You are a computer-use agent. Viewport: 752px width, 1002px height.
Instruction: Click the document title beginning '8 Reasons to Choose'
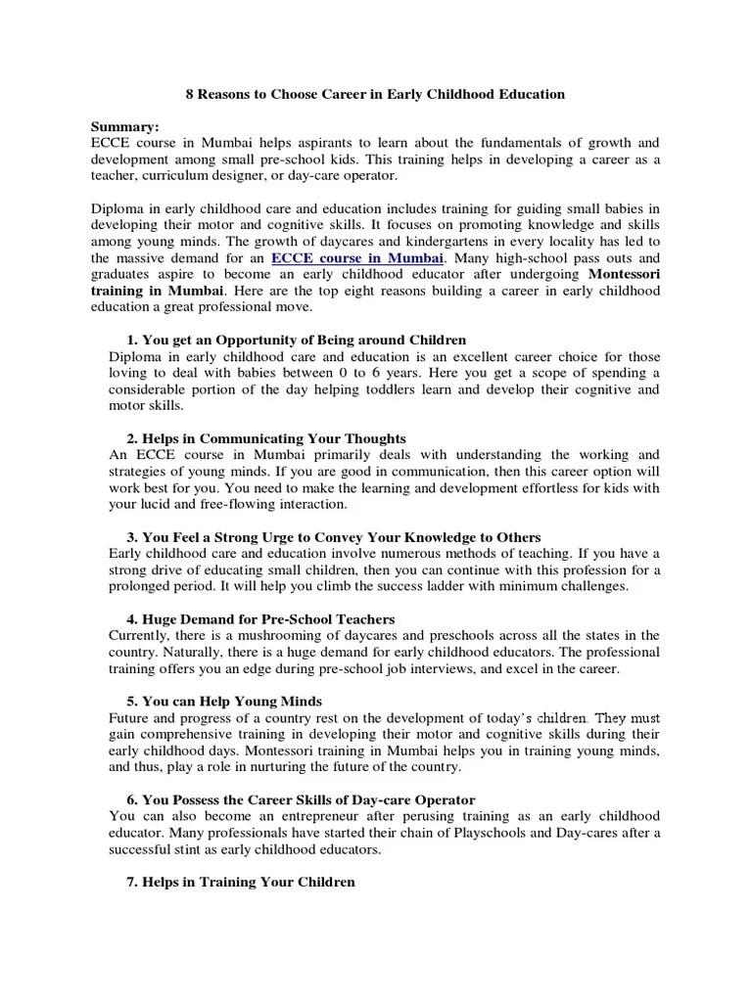376,95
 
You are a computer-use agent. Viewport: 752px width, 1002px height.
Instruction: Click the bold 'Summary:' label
124,126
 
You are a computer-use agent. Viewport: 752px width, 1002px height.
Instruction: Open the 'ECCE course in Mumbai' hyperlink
356,257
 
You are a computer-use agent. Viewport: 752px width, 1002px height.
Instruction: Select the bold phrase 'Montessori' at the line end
625,275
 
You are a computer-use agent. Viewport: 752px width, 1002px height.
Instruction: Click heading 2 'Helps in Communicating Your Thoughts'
266,438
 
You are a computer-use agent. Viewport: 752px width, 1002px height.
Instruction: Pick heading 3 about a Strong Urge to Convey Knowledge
334,537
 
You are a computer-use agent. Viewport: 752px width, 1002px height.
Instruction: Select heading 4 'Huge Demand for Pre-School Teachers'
260,619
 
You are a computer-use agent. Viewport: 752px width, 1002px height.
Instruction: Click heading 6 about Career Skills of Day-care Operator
305,799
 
